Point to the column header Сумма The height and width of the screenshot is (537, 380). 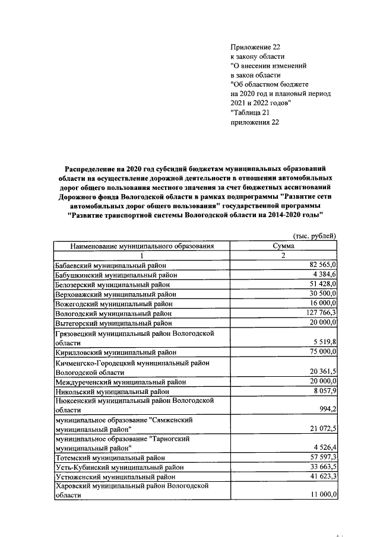coord(283,245)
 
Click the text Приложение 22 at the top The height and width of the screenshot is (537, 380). coord(254,47)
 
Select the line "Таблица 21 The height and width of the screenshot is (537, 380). coord(250,113)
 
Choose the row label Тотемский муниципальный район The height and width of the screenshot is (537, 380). coord(109,457)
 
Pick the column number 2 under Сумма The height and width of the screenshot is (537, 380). coord(283,255)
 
